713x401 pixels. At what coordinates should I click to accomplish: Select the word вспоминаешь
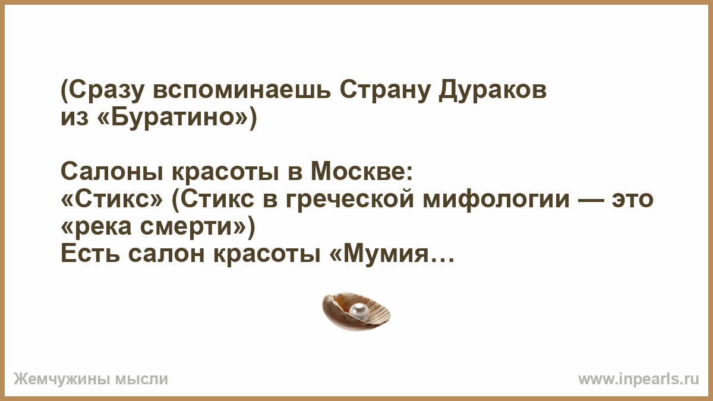(x=242, y=91)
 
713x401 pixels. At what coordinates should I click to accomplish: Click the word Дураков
(x=493, y=91)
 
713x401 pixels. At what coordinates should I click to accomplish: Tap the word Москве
(x=361, y=172)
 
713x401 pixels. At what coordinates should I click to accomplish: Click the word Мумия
(x=386, y=255)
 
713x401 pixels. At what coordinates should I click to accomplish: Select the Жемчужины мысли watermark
(x=91, y=380)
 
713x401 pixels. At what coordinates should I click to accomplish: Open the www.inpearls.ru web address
(x=639, y=379)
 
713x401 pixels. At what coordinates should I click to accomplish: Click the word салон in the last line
(x=166, y=255)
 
